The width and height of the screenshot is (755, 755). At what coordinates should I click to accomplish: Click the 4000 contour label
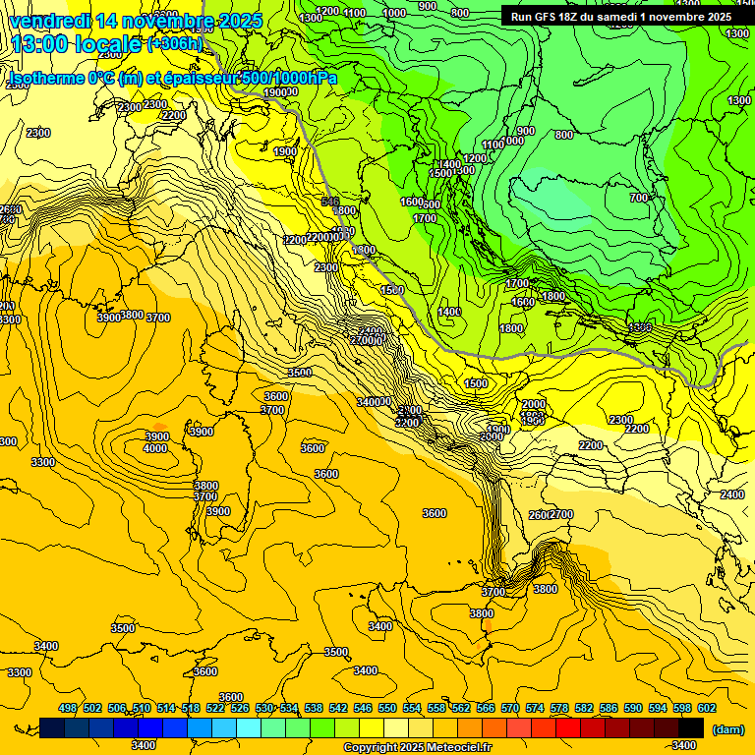tap(155, 449)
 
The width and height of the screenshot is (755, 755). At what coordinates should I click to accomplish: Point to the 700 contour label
tap(639, 199)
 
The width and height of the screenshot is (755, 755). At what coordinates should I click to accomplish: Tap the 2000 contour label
tap(534, 405)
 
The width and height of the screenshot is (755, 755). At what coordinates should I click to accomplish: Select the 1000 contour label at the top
tap(394, 13)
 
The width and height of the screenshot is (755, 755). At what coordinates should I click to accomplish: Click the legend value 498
tap(68, 708)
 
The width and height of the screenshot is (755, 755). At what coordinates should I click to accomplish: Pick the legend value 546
tap(363, 708)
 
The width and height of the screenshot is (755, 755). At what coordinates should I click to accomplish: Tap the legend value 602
tap(707, 708)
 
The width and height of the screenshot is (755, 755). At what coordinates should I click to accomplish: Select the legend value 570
tap(510, 708)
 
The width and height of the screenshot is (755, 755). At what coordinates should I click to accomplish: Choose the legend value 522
tap(215, 708)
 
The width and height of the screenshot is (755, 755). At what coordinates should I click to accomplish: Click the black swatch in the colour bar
tap(691, 727)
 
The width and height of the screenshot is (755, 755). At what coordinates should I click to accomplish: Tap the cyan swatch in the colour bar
tap(248, 727)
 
